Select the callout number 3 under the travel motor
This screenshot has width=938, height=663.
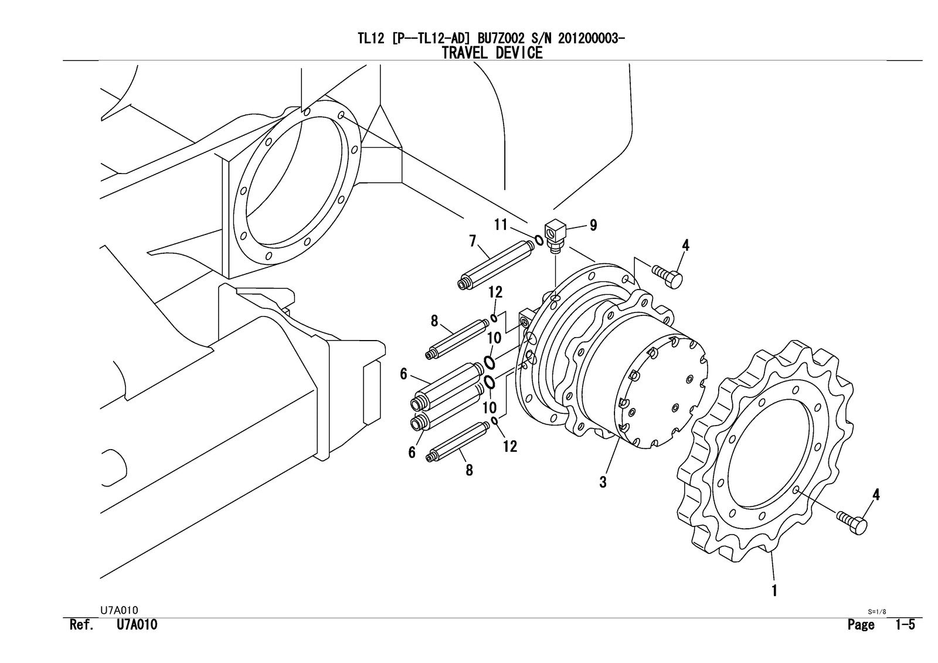point(603,482)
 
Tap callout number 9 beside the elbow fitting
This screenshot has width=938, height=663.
point(593,225)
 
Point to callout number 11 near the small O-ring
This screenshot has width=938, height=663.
point(500,224)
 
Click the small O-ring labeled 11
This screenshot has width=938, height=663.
point(538,240)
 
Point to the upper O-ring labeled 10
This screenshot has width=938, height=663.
point(490,359)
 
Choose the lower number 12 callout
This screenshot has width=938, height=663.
point(510,446)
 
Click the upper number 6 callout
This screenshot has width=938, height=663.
point(403,374)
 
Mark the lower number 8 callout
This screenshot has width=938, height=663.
point(469,470)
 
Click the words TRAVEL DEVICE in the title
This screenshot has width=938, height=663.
point(492,53)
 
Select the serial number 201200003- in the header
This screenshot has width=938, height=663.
point(591,39)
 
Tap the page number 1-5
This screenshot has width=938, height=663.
point(905,625)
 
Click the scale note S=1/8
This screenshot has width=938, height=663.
point(877,611)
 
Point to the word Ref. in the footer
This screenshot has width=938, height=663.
point(81,625)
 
